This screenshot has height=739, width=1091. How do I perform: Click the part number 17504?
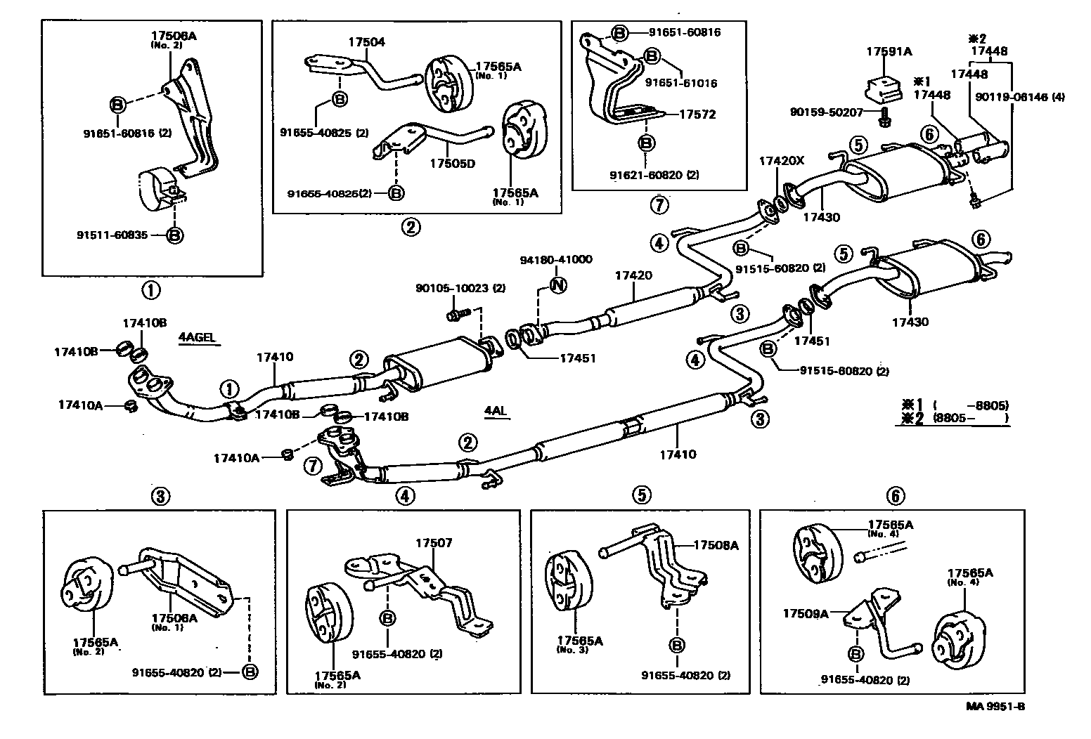click(x=366, y=41)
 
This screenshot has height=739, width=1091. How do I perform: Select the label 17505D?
click(x=453, y=163)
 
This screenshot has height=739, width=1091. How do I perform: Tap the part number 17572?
click(x=697, y=114)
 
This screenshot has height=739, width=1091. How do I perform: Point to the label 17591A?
click(x=889, y=51)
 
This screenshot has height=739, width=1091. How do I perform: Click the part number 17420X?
click(x=781, y=160)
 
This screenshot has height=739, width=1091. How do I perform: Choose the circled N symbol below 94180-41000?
click(x=557, y=285)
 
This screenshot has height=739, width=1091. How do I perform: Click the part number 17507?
click(x=434, y=542)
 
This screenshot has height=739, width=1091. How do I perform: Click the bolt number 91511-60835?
click(x=112, y=235)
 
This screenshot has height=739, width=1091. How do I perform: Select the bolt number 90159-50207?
click(x=824, y=112)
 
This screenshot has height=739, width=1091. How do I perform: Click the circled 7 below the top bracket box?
click(x=659, y=205)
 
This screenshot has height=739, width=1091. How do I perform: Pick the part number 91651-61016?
click(x=680, y=83)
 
